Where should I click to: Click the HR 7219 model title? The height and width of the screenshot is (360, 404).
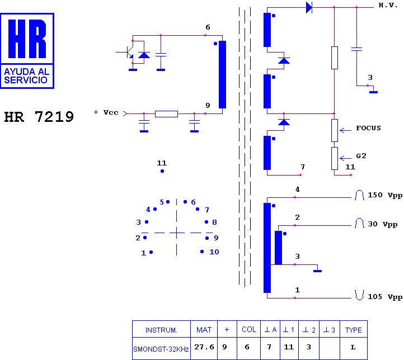pos(39,117)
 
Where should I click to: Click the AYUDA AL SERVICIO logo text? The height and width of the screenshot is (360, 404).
pos(26,75)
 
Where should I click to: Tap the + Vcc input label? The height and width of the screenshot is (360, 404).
pos(106,112)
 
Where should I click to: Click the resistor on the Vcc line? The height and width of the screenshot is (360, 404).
pos(166,113)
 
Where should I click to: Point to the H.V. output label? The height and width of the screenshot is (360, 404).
pos(388,5)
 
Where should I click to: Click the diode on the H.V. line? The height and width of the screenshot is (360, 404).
pos(309,7)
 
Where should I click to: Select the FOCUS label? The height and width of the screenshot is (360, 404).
pos(368,128)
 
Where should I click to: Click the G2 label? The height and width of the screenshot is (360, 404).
pos(361,155)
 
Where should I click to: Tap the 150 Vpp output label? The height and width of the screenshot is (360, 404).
pos(385,195)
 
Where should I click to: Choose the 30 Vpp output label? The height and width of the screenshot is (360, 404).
pos(382,224)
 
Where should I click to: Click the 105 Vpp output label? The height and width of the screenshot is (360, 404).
pos(385,297)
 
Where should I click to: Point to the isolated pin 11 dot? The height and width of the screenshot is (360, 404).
pos(162,171)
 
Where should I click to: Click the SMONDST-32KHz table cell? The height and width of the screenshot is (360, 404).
pos(161,349)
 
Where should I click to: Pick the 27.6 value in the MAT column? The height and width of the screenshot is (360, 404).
pos(204,347)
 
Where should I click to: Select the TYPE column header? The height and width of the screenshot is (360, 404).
pos(353,330)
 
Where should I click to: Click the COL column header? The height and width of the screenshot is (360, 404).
pos(249,330)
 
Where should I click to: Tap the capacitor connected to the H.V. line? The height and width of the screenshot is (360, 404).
pos(356,49)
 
